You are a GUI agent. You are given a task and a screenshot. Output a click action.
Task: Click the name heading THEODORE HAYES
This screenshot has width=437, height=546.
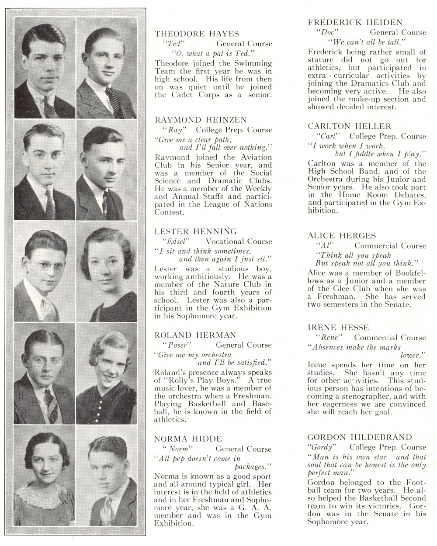tap(197, 34)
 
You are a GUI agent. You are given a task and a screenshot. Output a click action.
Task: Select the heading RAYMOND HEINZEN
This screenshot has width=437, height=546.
tap(201, 120)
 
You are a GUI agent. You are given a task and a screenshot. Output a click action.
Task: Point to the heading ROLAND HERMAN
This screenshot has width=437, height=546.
tap(195, 335)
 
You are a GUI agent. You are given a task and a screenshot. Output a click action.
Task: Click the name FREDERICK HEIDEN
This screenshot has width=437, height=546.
tap(355, 22)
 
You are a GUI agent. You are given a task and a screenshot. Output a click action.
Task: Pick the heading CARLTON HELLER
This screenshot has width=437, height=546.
tap(350, 126)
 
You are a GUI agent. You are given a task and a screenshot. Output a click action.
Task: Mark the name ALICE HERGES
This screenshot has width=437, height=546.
tap(342, 236)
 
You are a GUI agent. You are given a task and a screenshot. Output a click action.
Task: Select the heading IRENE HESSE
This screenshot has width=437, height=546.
tap(338, 328)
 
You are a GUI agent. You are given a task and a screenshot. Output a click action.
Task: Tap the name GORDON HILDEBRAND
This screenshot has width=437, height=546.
tap(360, 437)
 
